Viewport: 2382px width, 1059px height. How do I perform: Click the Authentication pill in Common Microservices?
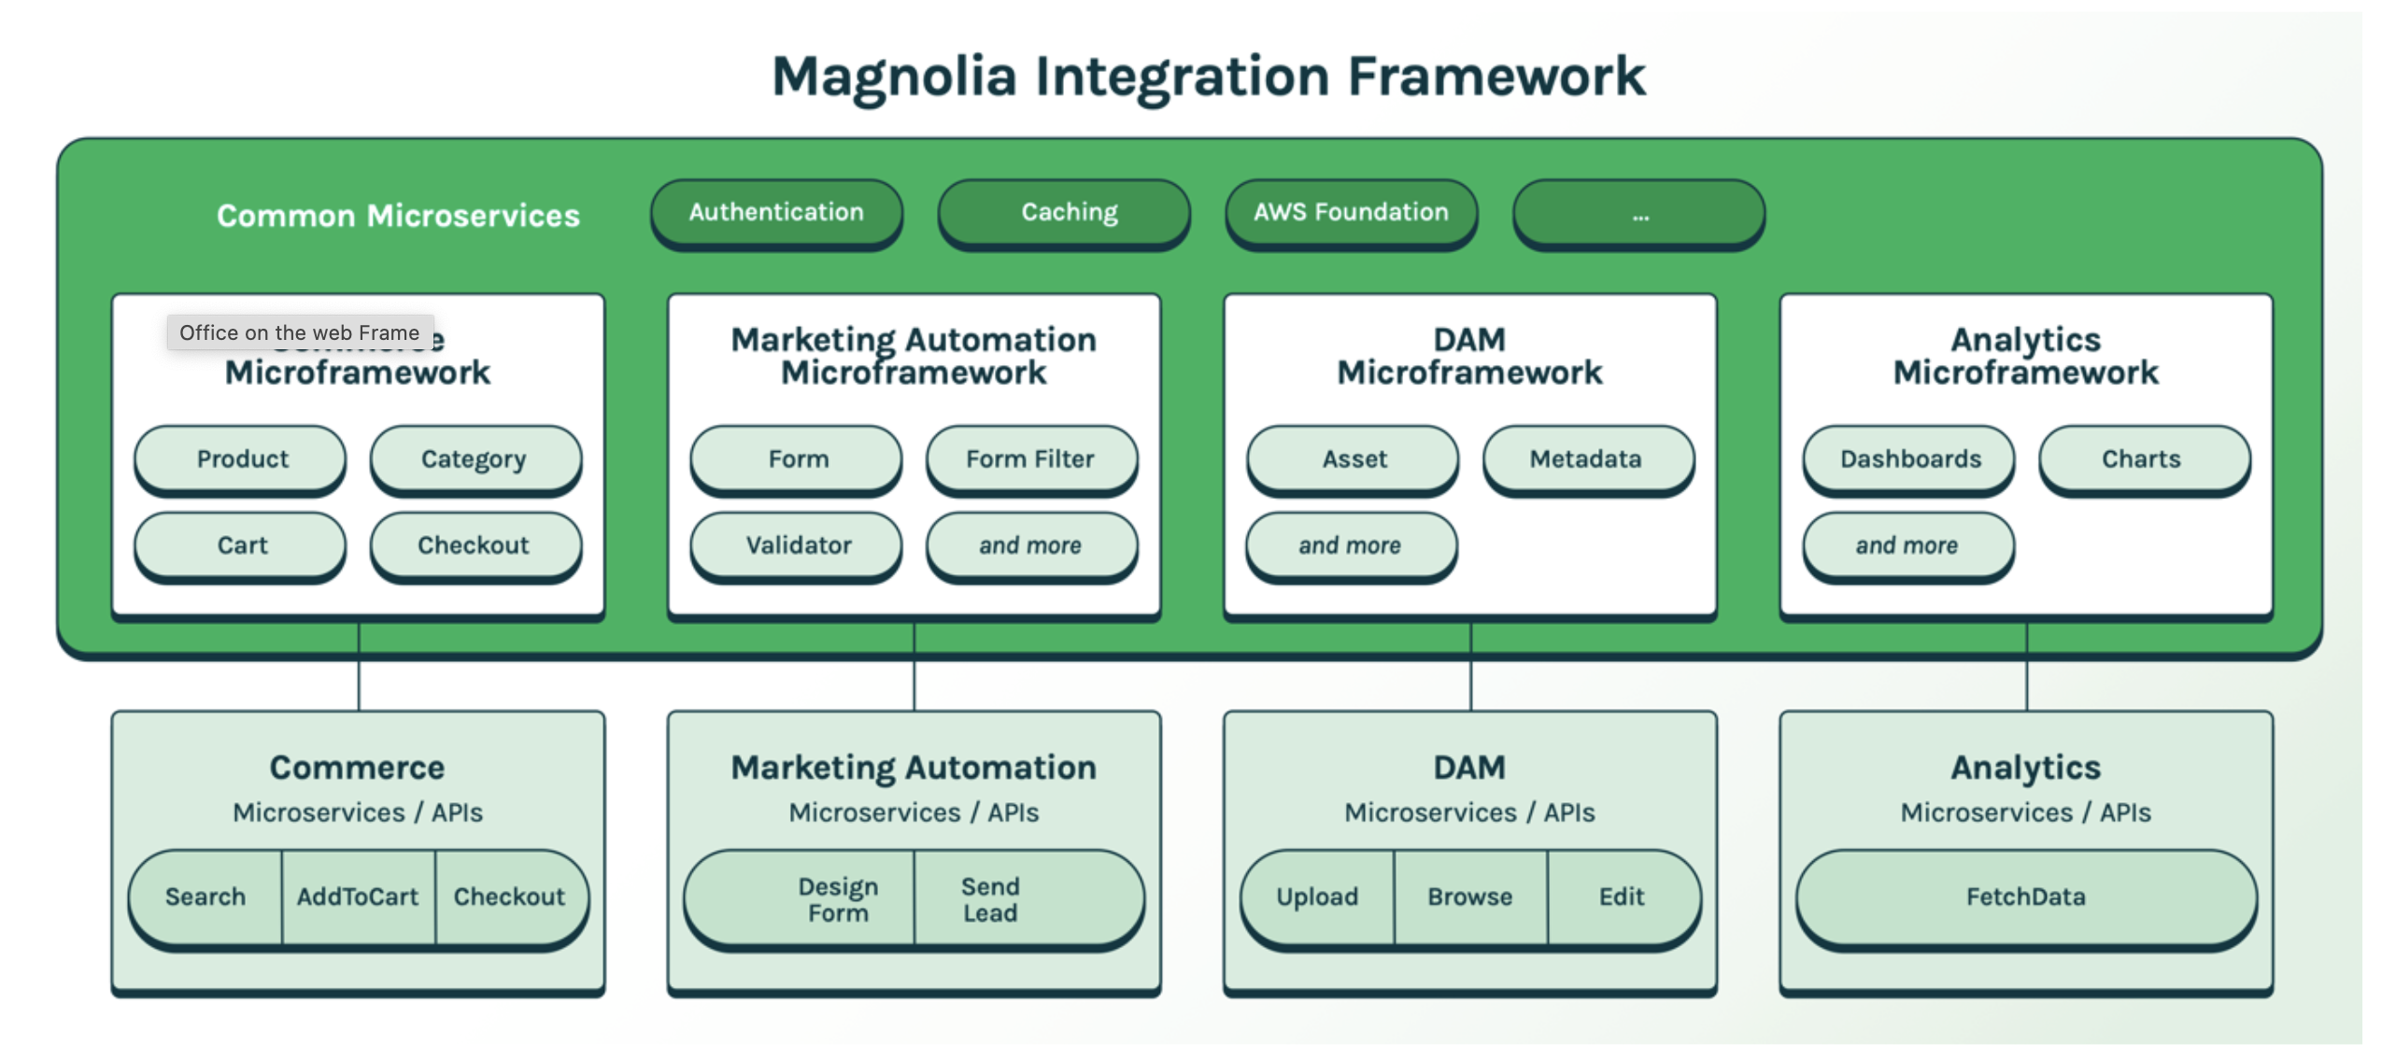coord(775,213)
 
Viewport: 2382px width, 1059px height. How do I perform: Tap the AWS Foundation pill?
coord(1350,213)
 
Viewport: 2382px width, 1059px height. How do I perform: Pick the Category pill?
coord(475,459)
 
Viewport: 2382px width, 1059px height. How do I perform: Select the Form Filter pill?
coord(1030,459)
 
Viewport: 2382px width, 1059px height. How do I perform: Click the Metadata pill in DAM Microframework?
coord(1586,459)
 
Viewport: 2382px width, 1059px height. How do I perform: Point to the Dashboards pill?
coord(1908,459)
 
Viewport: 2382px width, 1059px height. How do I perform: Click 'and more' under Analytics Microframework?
coord(1907,544)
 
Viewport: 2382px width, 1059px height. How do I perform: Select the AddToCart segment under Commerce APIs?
coord(357,897)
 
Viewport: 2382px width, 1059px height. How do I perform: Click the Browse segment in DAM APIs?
coord(1469,897)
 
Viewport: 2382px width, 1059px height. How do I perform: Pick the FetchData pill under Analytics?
coord(2025,897)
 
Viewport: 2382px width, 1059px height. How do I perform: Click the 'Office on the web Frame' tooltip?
coord(299,332)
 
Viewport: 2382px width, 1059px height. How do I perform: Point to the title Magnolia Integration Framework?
coord(1207,77)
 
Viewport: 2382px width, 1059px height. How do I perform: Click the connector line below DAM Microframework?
coord(1470,682)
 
